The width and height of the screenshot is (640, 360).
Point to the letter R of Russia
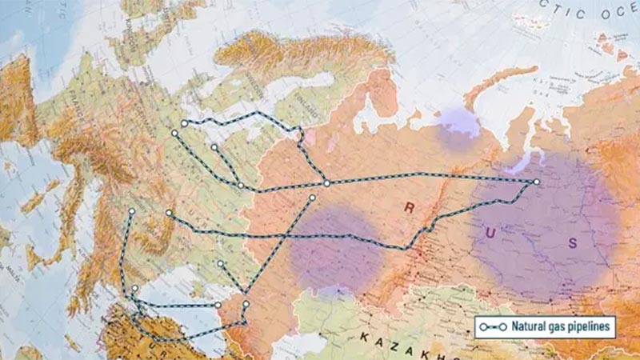(x=409, y=209)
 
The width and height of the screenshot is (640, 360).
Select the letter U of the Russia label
(x=489, y=232)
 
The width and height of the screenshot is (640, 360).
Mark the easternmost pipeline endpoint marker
(x=537, y=182)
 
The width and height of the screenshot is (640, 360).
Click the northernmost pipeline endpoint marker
(x=185, y=123)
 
